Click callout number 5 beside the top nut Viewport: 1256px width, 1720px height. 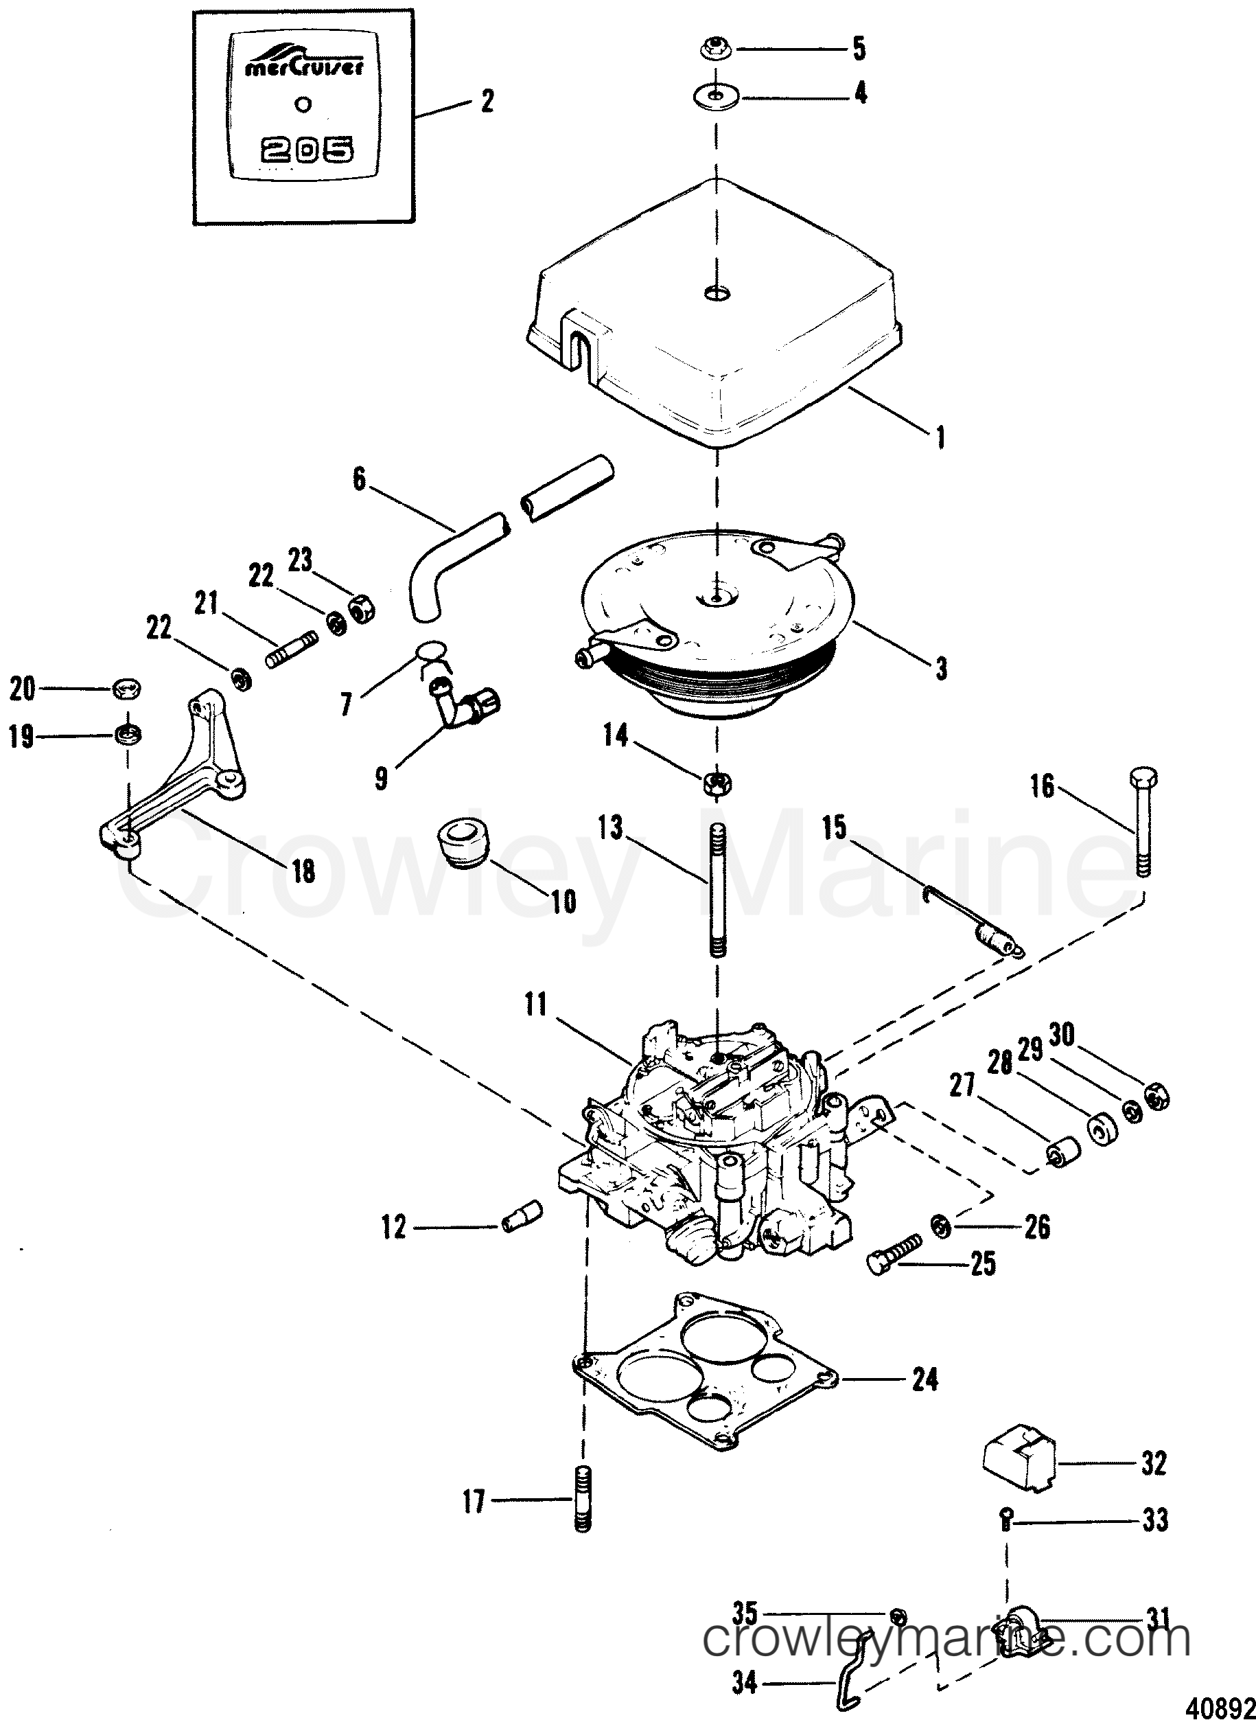point(859,49)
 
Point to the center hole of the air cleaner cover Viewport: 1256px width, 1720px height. point(716,293)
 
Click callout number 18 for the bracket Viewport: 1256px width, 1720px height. point(303,871)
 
